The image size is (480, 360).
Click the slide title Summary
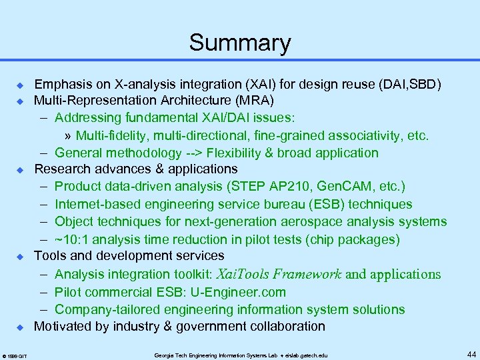point(240,43)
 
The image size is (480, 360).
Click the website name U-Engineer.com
point(249,292)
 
